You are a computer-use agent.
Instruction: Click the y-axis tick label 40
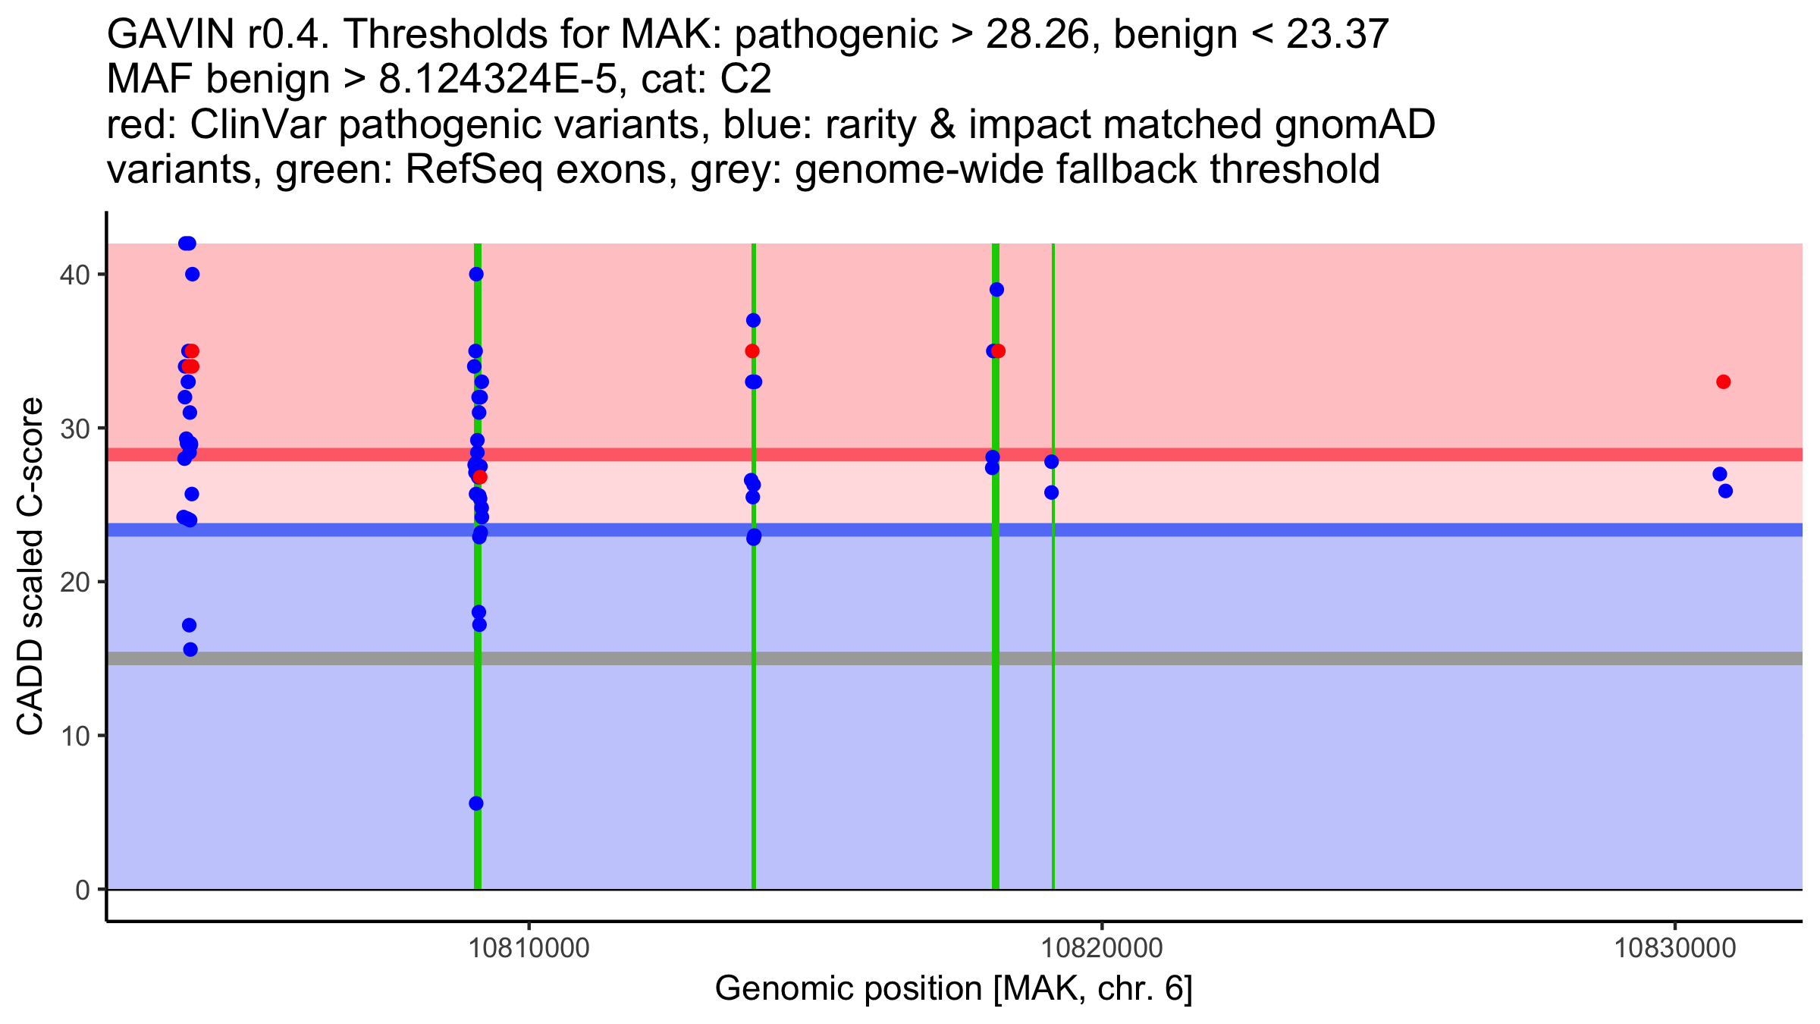(74, 275)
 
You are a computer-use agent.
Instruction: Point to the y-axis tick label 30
(74, 429)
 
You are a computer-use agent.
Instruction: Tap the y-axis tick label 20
(74, 583)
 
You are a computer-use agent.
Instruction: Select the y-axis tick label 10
(74, 736)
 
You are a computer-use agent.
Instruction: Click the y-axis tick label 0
(82, 890)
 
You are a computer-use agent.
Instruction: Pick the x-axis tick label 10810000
(529, 949)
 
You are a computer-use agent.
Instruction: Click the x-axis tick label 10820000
(1102, 949)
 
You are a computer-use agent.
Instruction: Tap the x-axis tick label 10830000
(1674, 949)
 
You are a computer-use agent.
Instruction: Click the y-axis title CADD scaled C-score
(30, 567)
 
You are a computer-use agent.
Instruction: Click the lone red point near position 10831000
(1724, 382)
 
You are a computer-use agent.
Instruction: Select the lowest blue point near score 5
(476, 803)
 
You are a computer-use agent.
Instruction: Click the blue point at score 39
(996, 290)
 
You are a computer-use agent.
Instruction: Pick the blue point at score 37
(753, 320)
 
